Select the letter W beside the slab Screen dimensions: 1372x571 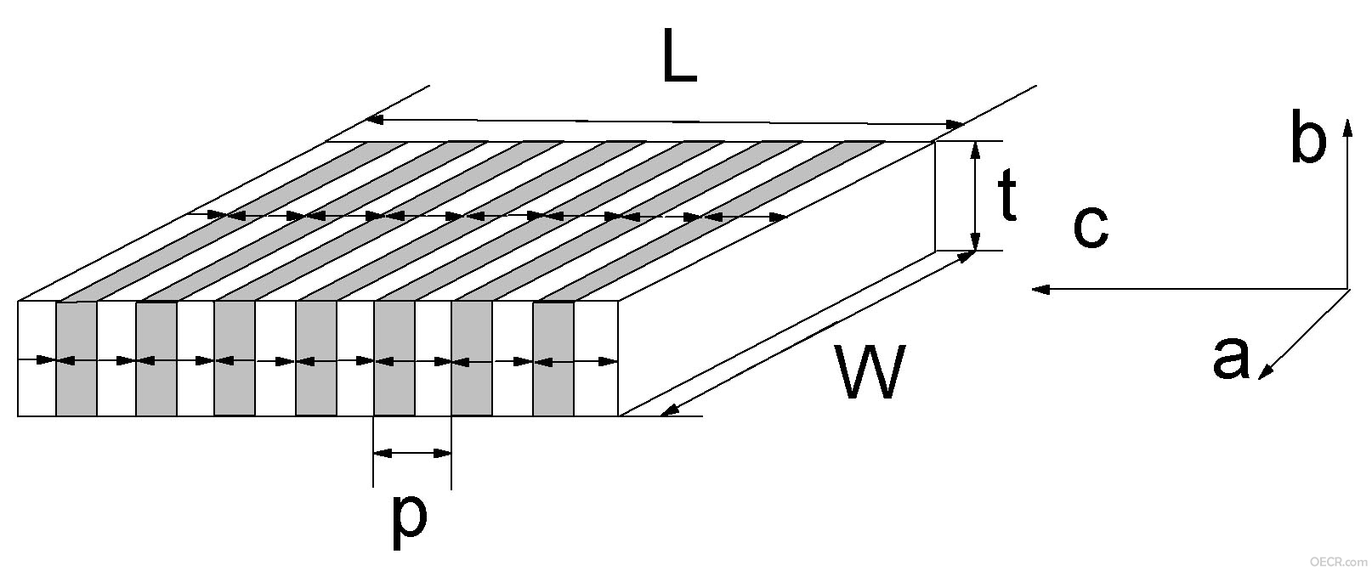click(870, 370)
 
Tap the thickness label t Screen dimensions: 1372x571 click(1007, 194)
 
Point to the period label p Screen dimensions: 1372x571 click(409, 522)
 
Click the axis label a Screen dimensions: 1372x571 click(1231, 357)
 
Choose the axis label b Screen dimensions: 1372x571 click(1308, 136)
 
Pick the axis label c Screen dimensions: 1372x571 click(1091, 226)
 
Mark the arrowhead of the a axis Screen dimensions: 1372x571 click(1266, 370)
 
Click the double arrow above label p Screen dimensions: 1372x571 click(412, 454)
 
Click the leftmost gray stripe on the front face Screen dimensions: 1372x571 click(76, 359)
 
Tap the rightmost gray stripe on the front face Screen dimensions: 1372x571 click(553, 359)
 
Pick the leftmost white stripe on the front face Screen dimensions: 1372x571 click(37, 359)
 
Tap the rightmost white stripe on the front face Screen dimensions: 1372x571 click(596, 359)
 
